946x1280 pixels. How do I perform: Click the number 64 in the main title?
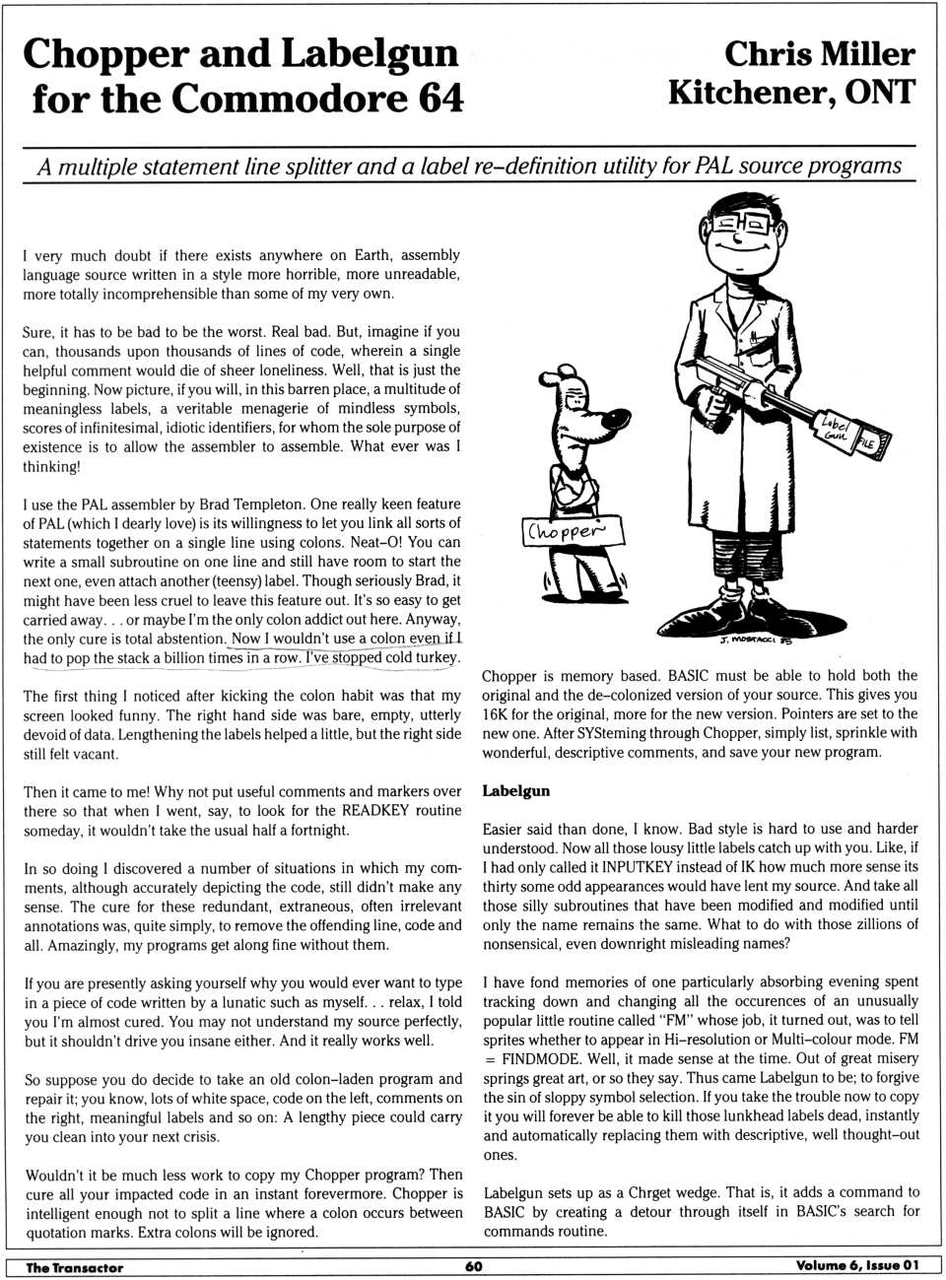pos(434,100)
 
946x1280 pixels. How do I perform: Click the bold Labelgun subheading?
pos(515,791)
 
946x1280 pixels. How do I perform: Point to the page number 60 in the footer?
pos(474,1266)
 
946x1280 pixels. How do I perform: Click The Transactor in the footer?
pos(74,1267)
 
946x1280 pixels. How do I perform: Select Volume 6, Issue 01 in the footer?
pos(856,1266)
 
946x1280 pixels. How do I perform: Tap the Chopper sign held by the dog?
pos(574,530)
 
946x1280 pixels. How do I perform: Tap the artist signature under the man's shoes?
pos(755,639)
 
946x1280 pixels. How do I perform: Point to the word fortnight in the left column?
pos(314,830)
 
